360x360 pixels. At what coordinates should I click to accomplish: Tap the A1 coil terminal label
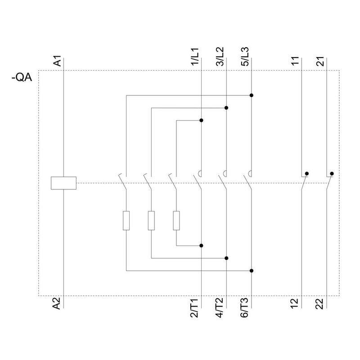pos(58,62)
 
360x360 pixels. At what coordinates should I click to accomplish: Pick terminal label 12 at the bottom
pos(295,304)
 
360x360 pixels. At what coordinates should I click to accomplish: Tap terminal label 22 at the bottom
pos(320,304)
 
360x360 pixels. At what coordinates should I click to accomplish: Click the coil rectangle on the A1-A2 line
pos(64,183)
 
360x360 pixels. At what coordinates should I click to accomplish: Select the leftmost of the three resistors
pos(126,220)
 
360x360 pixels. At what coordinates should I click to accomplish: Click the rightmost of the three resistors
pos(176,220)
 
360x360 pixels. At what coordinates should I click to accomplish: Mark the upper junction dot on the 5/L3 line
pos(251,95)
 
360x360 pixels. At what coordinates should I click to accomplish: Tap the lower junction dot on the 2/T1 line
pos(201,246)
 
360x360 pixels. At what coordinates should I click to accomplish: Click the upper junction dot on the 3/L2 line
pos(226,108)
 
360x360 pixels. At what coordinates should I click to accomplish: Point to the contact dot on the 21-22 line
pos(332,173)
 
